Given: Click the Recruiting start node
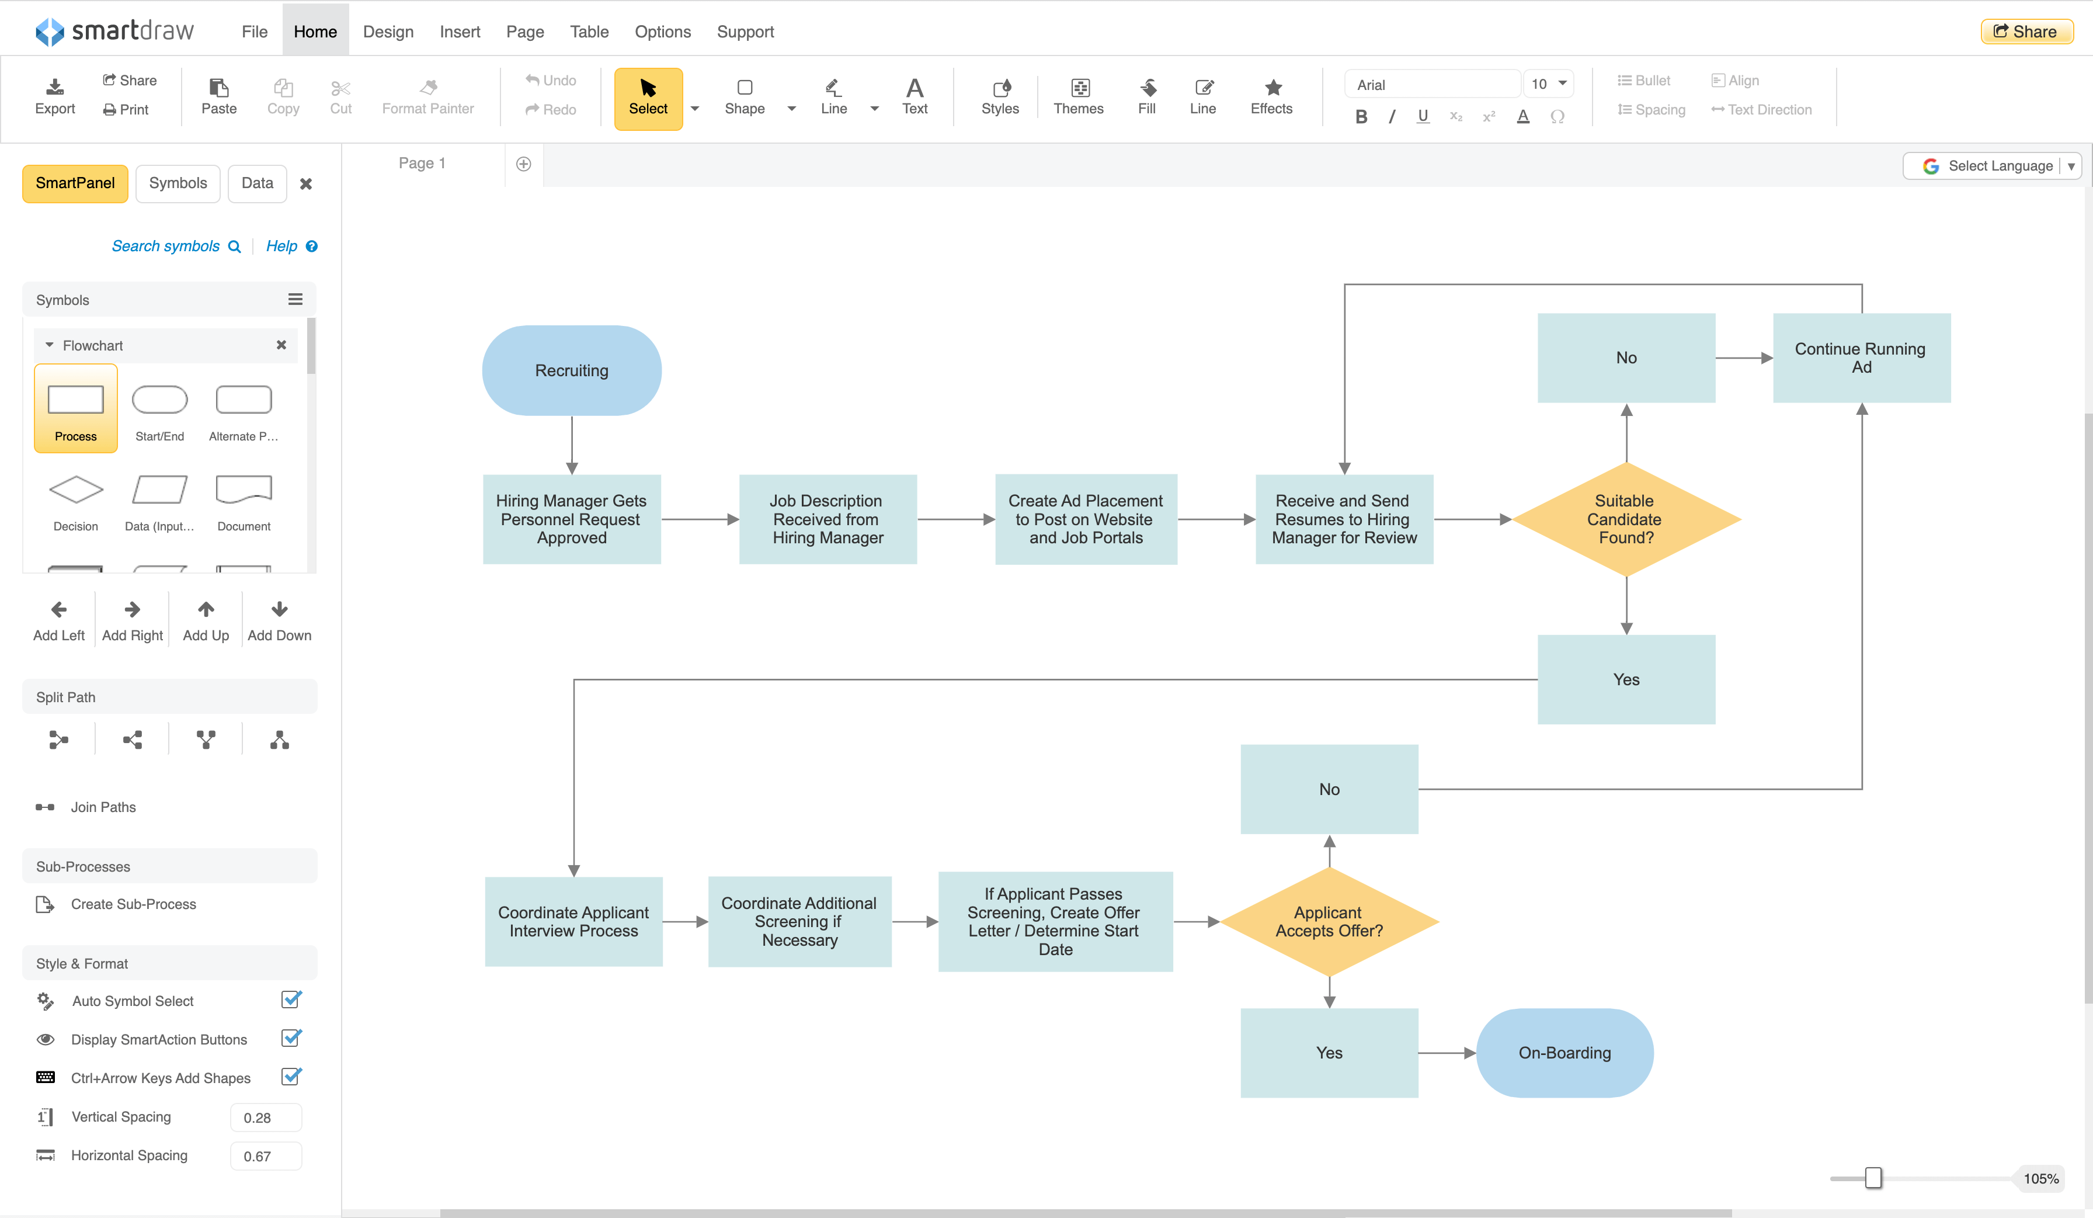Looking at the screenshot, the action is coord(571,370).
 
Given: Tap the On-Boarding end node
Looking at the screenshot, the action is coord(1564,1053).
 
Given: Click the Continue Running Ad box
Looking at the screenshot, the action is coord(1861,358).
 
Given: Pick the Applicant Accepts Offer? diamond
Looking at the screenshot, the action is coord(1329,921).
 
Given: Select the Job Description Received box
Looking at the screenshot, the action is coord(828,519).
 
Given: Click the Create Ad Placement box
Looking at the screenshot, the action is coord(1086,519).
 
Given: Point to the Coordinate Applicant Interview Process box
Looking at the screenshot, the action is coord(573,921).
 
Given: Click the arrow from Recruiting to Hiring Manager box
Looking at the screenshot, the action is coord(571,445).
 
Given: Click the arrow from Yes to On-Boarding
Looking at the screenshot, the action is coord(1447,1053).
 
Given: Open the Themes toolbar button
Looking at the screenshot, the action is coord(1078,97).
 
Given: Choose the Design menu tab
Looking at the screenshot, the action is coord(388,32).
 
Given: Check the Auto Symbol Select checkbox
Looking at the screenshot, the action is coord(291,1000).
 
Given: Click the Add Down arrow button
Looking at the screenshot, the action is coord(279,620).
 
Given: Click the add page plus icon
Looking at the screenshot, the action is coord(523,164).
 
